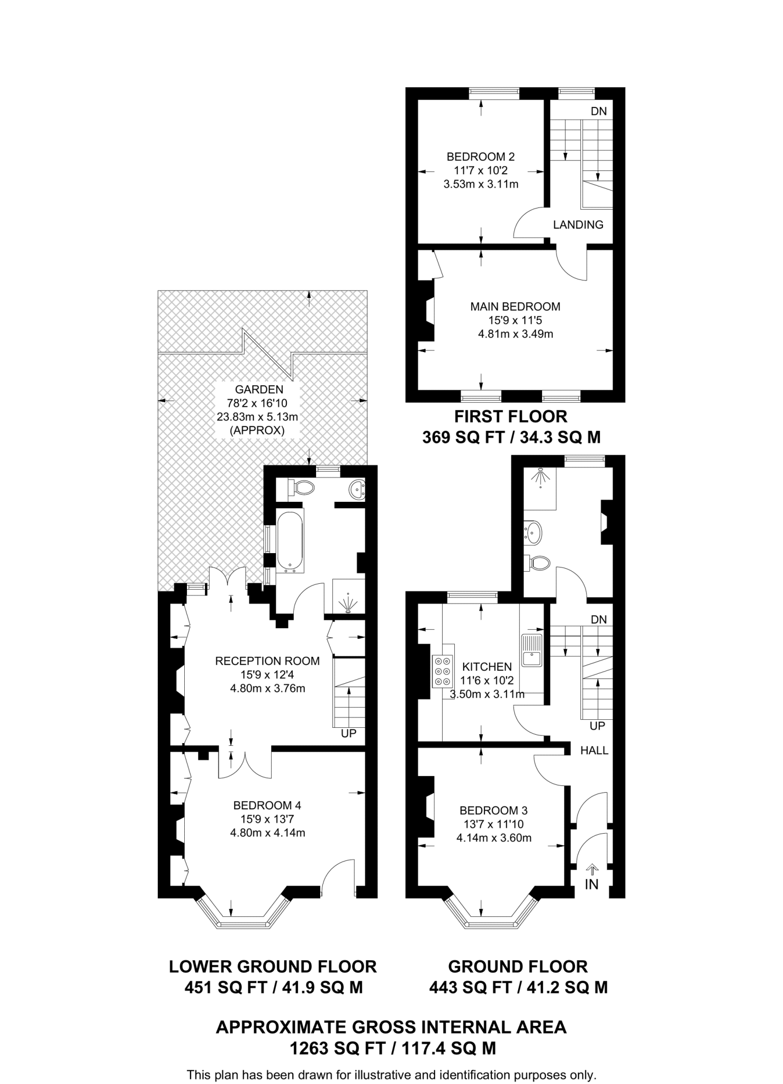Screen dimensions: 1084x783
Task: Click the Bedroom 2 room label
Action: (480, 157)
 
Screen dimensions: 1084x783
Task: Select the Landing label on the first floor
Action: (578, 224)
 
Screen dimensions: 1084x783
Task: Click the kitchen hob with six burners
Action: (444, 671)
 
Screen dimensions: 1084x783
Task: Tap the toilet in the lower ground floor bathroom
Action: (302, 487)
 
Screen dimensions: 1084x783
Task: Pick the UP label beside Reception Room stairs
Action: (349, 734)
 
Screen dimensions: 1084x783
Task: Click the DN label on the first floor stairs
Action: (599, 112)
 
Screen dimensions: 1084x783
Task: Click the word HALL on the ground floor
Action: (594, 751)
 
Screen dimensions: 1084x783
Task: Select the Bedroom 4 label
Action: (267, 806)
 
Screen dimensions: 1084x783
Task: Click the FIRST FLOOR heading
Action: (511, 417)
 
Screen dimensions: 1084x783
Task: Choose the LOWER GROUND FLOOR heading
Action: (273, 966)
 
